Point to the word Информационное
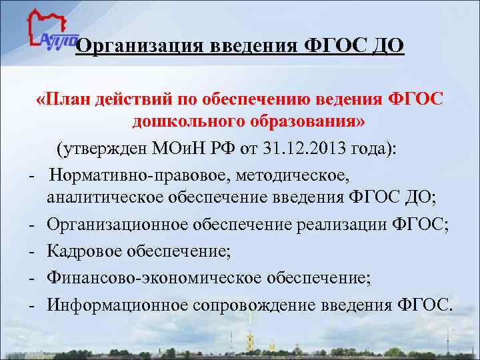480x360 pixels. (117, 304)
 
